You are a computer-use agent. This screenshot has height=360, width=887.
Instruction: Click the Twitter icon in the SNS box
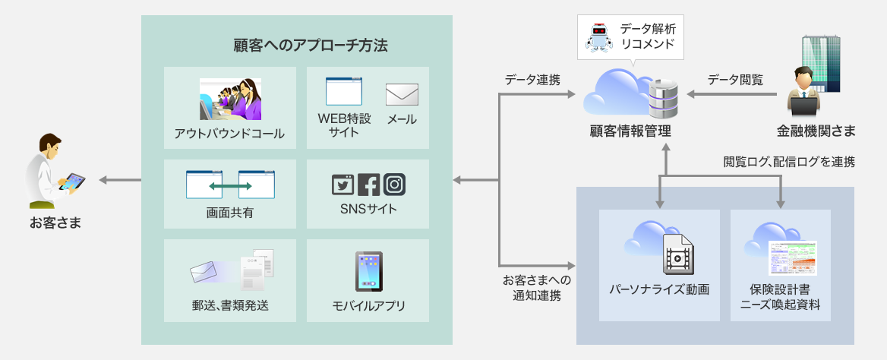[343, 185]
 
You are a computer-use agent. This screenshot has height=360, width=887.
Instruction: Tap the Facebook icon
[368, 185]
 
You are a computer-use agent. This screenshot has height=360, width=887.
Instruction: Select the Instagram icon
[394, 185]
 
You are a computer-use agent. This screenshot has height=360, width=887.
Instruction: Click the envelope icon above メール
[402, 94]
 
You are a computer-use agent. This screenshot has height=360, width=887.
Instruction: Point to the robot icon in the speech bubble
[601, 36]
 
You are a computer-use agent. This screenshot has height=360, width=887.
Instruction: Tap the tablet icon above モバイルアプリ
[368, 271]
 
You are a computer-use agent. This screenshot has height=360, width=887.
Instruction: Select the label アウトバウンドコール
[229, 134]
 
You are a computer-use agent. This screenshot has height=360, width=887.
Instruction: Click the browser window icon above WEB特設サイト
[343, 92]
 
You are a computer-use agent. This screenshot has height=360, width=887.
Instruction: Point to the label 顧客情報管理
[630, 131]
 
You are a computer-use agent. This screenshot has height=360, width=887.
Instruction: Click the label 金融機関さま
[816, 131]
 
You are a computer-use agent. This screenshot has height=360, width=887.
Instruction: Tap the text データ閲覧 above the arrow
[735, 78]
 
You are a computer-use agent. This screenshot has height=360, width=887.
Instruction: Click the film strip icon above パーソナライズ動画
[677, 254]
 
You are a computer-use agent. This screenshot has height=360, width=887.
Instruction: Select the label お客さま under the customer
[55, 223]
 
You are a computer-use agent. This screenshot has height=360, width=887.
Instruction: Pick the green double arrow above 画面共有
[230, 185]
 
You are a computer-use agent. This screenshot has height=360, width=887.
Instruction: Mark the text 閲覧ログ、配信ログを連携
[789, 161]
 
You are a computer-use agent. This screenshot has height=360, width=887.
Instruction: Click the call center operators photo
[230, 99]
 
